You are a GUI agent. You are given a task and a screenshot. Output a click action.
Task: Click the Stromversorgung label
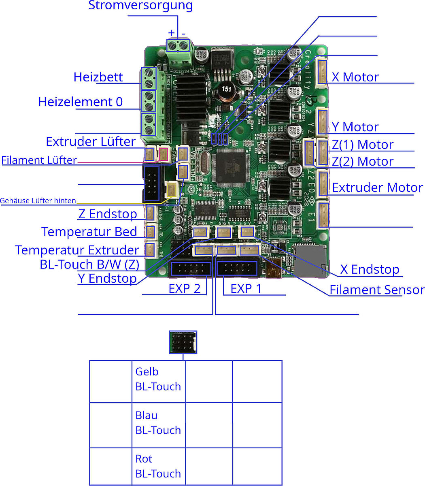pos(140,6)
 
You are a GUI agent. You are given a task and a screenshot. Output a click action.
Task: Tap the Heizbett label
pos(98,77)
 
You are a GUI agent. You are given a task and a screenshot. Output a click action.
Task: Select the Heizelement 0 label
pos(80,102)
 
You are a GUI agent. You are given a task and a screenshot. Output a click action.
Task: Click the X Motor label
pos(355,77)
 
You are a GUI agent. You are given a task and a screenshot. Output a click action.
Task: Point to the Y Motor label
pos(355,127)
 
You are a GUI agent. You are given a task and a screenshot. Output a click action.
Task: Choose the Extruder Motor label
pos(377,188)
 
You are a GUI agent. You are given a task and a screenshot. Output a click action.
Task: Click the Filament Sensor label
pos(377,290)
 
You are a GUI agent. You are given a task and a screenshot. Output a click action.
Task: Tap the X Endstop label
pos(370,269)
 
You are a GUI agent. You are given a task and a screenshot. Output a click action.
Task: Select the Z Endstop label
pos(107,214)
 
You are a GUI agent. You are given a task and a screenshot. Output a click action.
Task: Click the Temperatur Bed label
pos(89,232)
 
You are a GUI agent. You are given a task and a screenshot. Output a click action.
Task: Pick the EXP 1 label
pos(246,289)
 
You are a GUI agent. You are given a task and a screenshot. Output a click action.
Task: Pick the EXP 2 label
pos(184,289)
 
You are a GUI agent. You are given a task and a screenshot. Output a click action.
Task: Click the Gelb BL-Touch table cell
pos(158,379)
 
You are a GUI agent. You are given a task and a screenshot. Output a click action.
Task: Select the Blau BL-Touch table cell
pos(158,423)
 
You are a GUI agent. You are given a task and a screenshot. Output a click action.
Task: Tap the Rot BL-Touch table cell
pos(158,466)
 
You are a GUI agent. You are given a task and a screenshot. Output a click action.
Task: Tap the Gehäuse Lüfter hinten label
pos(38,200)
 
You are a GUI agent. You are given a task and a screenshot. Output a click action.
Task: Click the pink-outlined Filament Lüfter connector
pos(163,153)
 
